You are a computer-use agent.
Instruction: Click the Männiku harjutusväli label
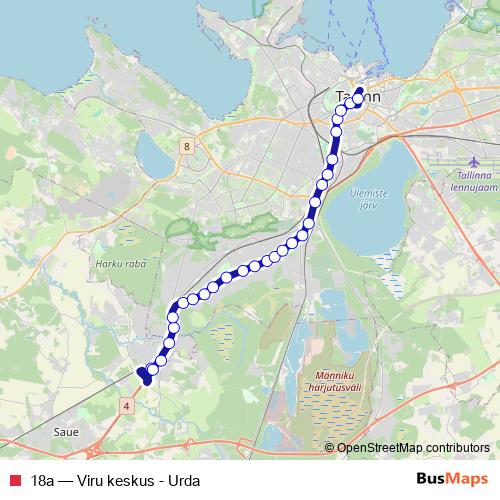click(x=322, y=383)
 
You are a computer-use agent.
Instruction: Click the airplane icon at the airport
click(x=474, y=161)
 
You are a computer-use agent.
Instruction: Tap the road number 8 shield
click(x=186, y=147)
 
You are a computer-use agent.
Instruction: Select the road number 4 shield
click(x=127, y=405)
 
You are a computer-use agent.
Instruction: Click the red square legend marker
click(x=14, y=480)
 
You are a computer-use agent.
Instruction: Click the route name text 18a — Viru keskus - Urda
click(x=115, y=480)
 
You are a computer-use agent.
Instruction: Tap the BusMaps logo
click(x=452, y=479)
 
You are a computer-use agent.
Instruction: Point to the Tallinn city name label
click(x=356, y=97)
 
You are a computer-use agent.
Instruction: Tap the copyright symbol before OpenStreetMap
click(x=331, y=448)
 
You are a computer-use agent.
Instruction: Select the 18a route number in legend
click(x=42, y=480)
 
